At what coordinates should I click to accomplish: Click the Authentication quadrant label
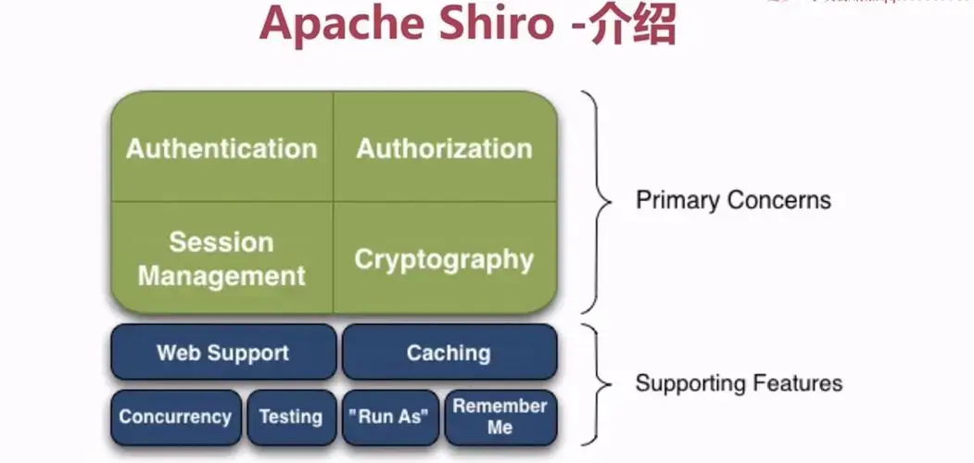(x=221, y=148)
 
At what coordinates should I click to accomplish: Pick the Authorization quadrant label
(x=445, y=148)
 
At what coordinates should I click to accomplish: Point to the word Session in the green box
(x=221, y=243)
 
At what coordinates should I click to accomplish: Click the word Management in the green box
(x=221, y=275)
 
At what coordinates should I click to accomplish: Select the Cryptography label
(x=445, y=259)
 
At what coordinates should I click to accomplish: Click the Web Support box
(x=222, y=353)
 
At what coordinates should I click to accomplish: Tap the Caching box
(x=449, y=353)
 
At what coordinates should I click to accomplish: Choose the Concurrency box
(x=175, y=417)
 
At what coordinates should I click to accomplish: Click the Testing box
(x=291, y=417)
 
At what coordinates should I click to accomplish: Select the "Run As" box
(x=390, y=417)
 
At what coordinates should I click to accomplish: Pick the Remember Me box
(x=500, y=417)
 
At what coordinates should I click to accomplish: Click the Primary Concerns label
(x=733, y=200)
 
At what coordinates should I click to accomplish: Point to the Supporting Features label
(x=739, y=382)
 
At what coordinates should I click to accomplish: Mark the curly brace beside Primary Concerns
(x=598, y=200)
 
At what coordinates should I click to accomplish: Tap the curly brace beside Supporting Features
(x=598, y=382)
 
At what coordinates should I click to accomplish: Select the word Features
(x=803, y=382)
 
